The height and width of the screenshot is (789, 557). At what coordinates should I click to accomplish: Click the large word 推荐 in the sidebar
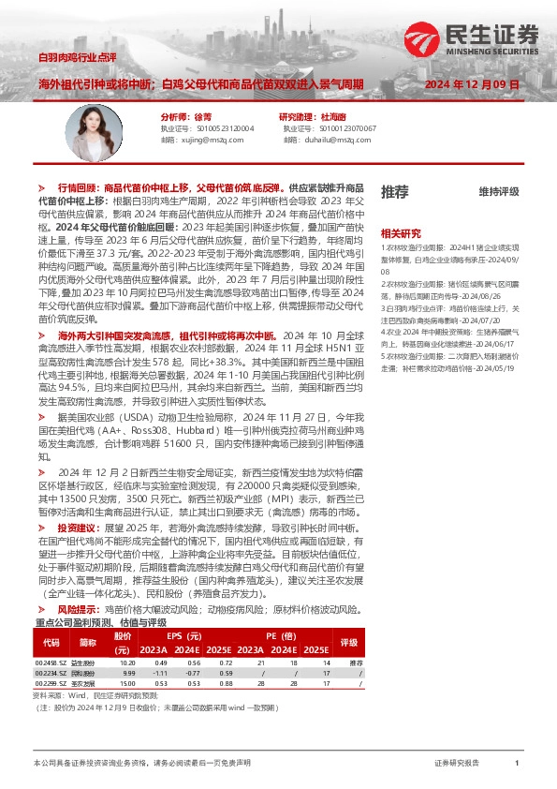point(394,192)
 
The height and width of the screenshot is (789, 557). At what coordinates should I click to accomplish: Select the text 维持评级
point(498,192)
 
